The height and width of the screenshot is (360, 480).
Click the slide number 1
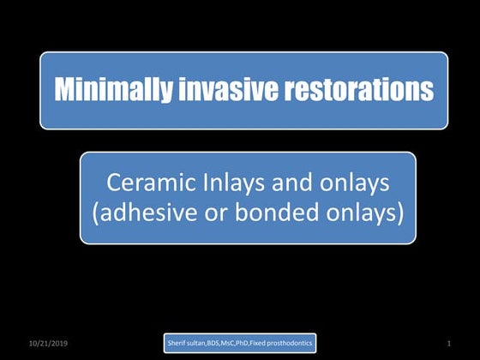coord(448,343)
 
